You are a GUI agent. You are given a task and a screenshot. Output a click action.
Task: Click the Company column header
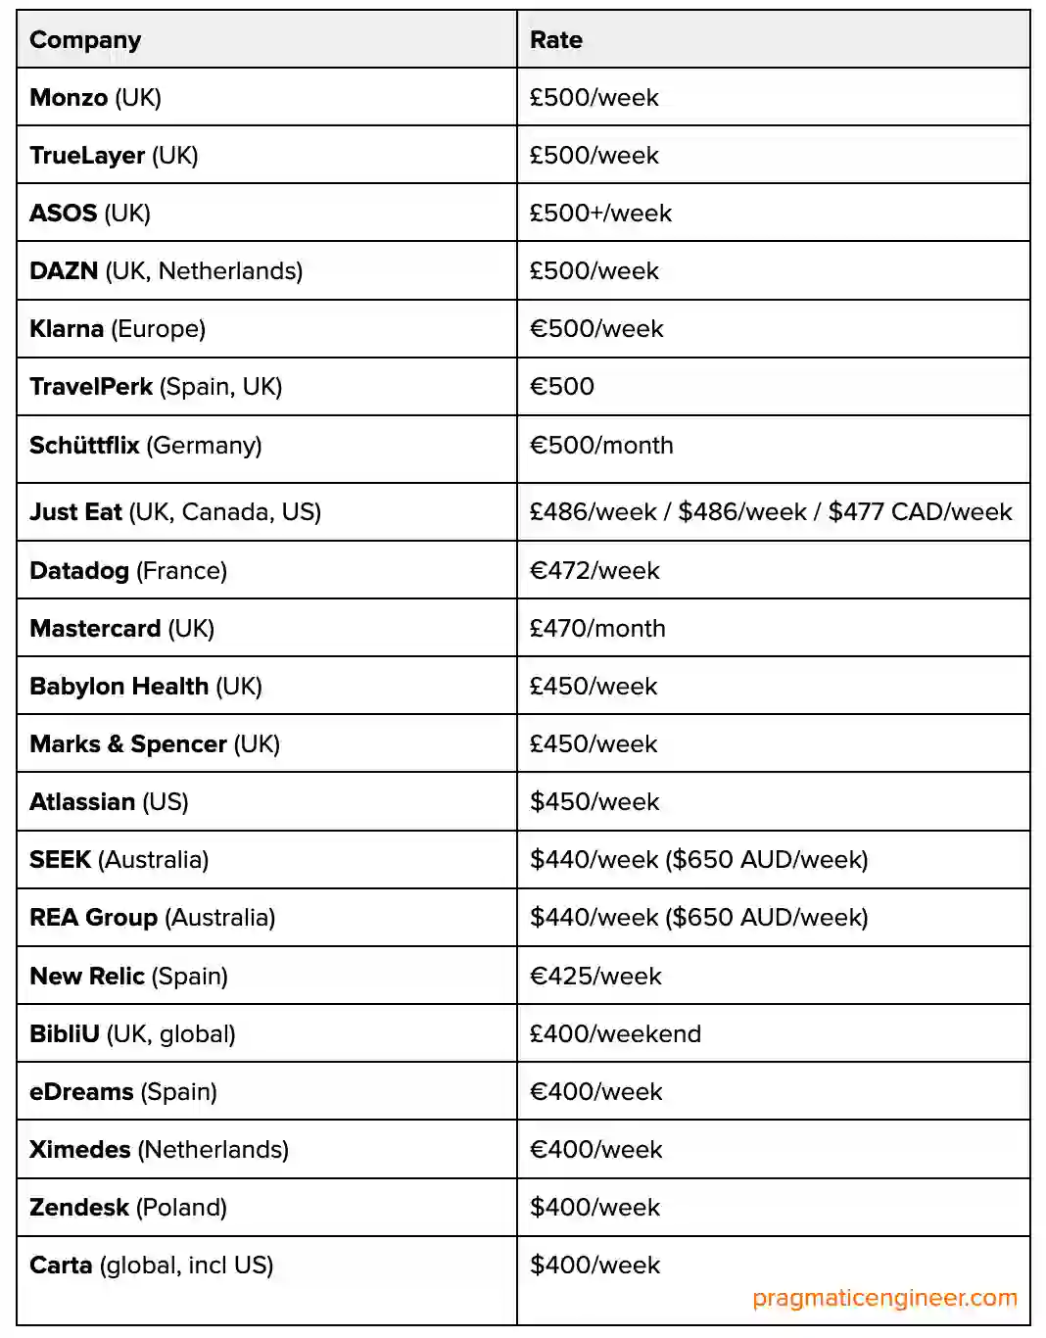pos(85,40)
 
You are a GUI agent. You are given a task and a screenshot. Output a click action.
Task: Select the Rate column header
pos(555,40)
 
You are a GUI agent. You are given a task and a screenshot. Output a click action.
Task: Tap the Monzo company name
pos(69,98)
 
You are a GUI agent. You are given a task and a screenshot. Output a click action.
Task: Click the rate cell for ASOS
pos(600,214)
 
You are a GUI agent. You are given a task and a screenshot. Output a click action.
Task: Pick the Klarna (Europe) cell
pos(118,329)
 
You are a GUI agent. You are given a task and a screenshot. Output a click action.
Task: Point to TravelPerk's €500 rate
pos(562,387)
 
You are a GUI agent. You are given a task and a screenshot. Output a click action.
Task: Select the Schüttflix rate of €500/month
pos(601,446)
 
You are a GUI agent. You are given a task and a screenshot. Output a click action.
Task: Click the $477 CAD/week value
pos(920,512)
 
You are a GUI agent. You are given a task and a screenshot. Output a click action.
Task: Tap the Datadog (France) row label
pos(128,571)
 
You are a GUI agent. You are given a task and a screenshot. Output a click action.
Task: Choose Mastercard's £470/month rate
pos(597,629)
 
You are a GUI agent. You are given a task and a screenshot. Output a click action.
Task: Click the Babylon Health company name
pos(119,687)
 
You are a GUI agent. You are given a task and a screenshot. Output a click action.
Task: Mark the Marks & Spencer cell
pos(155,744)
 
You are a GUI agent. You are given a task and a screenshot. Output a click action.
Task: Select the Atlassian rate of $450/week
pos(594,802)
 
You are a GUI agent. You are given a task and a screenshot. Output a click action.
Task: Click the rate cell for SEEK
pos(698,860)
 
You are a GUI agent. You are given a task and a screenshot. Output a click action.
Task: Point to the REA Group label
pos(93,918)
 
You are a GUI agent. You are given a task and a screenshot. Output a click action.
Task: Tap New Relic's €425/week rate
pos(595,977)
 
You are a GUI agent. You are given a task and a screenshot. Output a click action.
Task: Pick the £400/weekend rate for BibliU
pos(615,1034)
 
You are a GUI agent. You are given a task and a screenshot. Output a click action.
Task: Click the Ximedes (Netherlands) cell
pos(159,1150)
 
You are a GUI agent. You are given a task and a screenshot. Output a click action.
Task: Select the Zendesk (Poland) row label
pos(128,1208)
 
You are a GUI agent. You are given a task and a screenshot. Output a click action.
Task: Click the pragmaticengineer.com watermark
pos(884,1299)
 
